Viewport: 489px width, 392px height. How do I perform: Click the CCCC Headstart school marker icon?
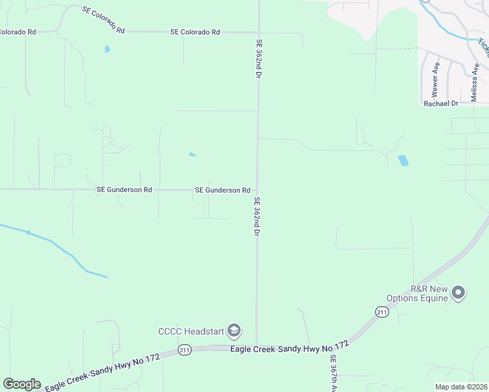(x=234, y=331)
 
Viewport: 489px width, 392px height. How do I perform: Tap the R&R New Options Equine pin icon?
(x=458, y=293)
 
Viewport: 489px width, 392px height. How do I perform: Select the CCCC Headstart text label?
(x=191, y=331)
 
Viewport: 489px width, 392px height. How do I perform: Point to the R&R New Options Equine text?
(x=429, y=293)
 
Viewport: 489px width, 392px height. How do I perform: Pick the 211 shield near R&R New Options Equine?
(x=382, y=313)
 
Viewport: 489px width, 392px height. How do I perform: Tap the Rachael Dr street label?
(x=443, y=104)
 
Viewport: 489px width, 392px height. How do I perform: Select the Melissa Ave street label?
(x=475, y=82)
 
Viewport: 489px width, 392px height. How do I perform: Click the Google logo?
(x=22, y=384)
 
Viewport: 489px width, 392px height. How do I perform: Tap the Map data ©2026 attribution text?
(x=462, y=387)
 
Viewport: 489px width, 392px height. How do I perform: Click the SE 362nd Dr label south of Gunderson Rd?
(x=258, y=217)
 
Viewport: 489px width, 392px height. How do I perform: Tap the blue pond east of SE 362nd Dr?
(x=403, y=160)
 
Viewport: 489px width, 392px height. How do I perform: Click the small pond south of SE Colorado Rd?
(x=107, y=49)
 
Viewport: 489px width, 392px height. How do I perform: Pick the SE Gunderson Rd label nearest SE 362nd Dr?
(x=222, y=190)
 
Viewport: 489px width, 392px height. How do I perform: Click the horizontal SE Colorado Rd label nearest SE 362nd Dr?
(x=195, y=32)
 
